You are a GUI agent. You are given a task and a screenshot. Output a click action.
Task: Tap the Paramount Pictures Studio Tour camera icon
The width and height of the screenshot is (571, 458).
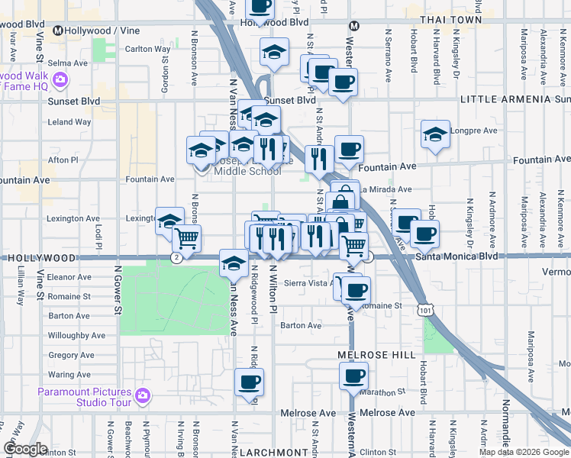pyautogui.click(x=142, y=395)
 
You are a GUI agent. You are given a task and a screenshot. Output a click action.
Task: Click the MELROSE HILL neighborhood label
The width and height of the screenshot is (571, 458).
pyautogui.click(x=376, y=355)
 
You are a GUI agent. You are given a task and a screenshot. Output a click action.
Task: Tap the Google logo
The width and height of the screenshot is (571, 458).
pyautogui.click(x=24, y=449)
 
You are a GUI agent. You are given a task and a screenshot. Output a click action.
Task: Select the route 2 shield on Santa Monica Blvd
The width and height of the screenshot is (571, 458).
pyautogui.click(x=176, y=258)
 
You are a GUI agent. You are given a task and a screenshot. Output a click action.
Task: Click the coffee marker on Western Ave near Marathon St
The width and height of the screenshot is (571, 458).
pyautogui.click(x=354, y=376)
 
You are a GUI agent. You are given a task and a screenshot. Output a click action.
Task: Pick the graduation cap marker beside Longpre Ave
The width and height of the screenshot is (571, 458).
pyautogui.click(x=435, y=134)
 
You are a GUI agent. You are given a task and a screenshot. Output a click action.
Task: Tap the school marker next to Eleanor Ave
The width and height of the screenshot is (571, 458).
pyautogui.click(x=234, y=264)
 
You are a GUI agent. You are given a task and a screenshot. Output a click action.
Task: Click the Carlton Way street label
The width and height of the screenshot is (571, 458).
pyautogui.click(x=147, y=49)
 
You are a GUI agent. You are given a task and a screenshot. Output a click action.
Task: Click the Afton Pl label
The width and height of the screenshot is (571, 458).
pyautogui.click(x=63, y=160)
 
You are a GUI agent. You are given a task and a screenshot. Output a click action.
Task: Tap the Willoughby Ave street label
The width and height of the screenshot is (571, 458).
pyautogui.click(x=76, y=335)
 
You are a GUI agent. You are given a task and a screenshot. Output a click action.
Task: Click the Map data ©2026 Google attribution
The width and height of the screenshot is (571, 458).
pyautogui.click(x=524, y=452)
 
